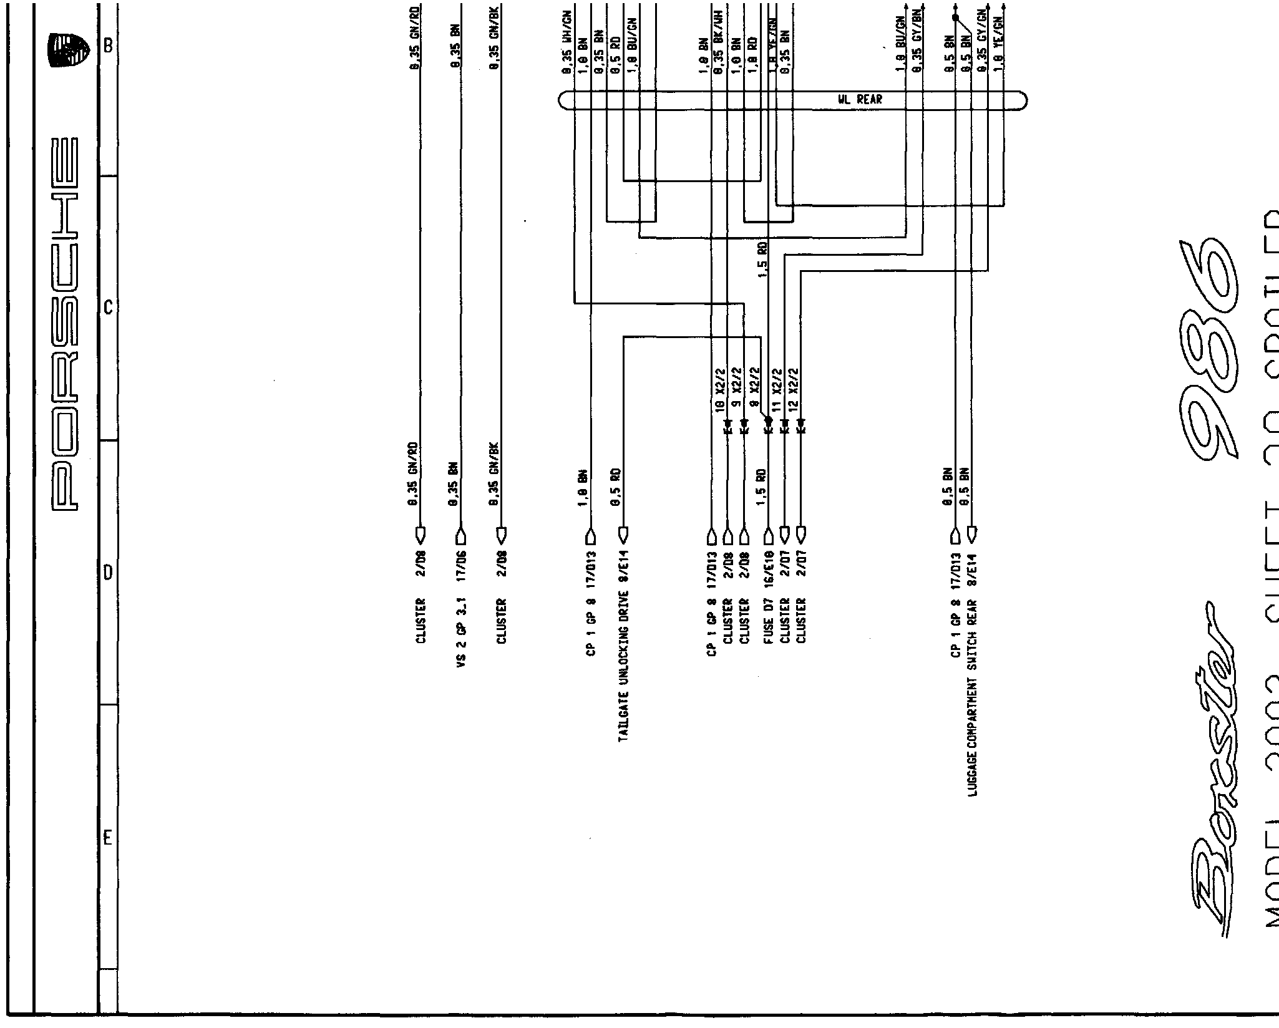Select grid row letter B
tap(107, 46)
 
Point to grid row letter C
tap(107, 308)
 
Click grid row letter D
tap(107, 573)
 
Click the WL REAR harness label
tap(860, 100)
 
